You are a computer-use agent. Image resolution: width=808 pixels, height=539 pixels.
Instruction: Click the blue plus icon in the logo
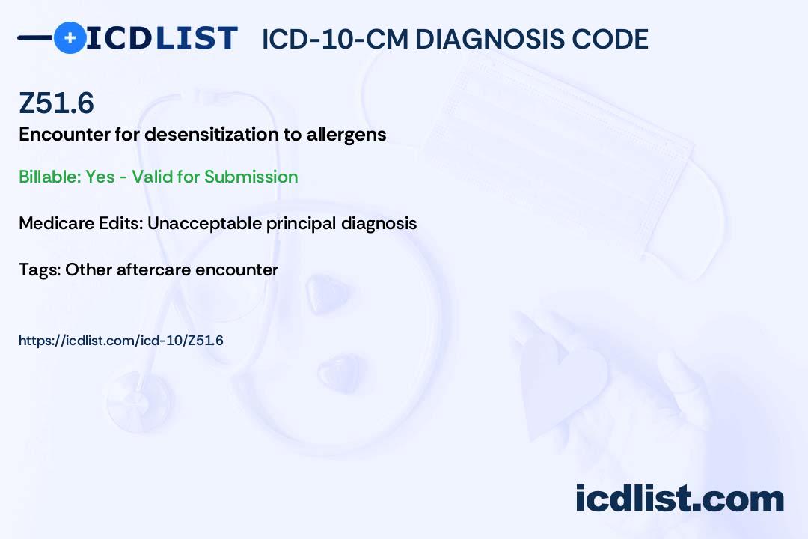(70, 37)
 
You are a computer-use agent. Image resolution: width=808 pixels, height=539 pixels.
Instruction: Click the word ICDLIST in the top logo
(162, 38)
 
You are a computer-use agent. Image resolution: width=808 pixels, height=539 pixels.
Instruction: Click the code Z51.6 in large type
(56, 103)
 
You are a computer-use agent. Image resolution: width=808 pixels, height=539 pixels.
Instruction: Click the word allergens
(346, 135)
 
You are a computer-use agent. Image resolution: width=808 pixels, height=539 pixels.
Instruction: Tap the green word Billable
(51, 177)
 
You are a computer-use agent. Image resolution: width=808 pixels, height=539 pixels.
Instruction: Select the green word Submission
(251, 177)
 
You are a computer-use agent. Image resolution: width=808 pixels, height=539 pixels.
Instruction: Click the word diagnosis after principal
(379, 224)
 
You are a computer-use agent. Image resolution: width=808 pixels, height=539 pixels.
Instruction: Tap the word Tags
(40, 270)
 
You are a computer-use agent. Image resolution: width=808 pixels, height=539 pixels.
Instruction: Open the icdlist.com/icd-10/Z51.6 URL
(121, 341)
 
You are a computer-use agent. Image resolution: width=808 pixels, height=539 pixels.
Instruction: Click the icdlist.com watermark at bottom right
(679, 499)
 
